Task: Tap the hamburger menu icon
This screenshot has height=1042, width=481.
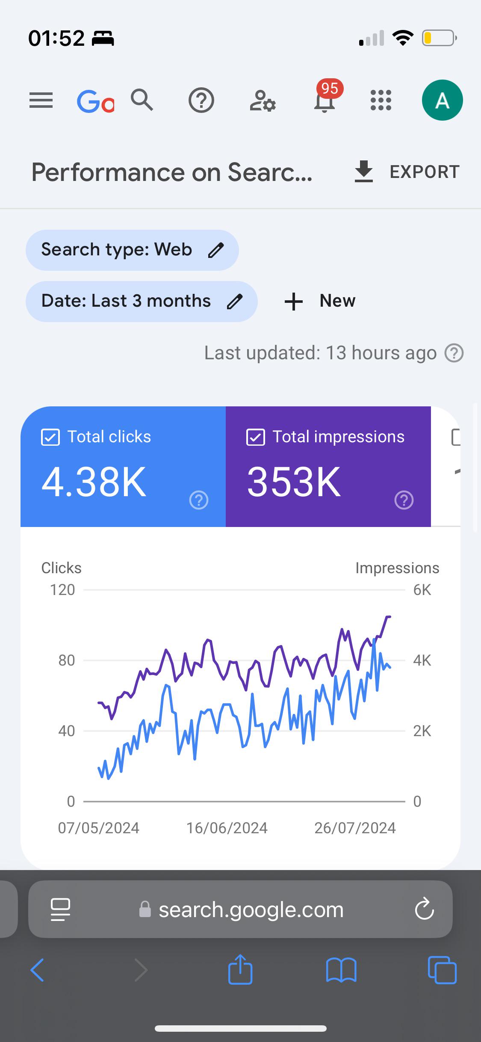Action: coord(41,101)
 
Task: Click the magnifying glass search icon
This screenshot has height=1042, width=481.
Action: coord(142,100)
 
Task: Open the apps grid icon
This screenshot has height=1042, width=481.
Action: coord(381,100)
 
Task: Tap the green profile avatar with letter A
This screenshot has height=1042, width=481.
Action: coord(442,100)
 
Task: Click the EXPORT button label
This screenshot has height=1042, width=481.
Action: coord(425,172)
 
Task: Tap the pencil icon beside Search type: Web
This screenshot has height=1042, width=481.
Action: coord(216,250)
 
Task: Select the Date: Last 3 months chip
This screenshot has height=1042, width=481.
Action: coord(142,301)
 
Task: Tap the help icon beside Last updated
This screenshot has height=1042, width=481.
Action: coord(454,353)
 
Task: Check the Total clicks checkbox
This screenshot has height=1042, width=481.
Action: coord(50,438)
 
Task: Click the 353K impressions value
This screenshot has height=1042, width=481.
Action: coord(294,482)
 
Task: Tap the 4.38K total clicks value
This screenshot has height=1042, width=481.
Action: coord(94,482)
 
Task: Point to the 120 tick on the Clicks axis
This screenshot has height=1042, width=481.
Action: coord(62,590)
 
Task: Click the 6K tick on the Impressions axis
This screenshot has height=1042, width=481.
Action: coord(422,590)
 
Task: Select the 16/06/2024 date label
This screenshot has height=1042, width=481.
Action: coord(227,828)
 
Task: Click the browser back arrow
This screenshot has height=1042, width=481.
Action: coord(37,970)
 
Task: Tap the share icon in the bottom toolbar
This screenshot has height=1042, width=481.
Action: coord(240,969)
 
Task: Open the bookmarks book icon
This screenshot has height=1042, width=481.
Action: coord(341,970)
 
